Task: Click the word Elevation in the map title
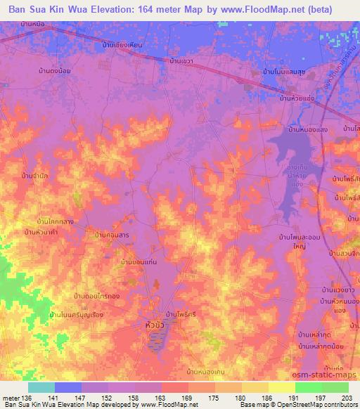[x=112, y=8]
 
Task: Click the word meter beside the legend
[x=10, y=398]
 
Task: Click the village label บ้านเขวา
[x=182, y=62]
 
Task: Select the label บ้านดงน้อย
[x=55, y=70]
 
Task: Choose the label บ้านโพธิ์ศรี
[x=181, y=313]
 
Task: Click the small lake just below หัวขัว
[x=155, y=342]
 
